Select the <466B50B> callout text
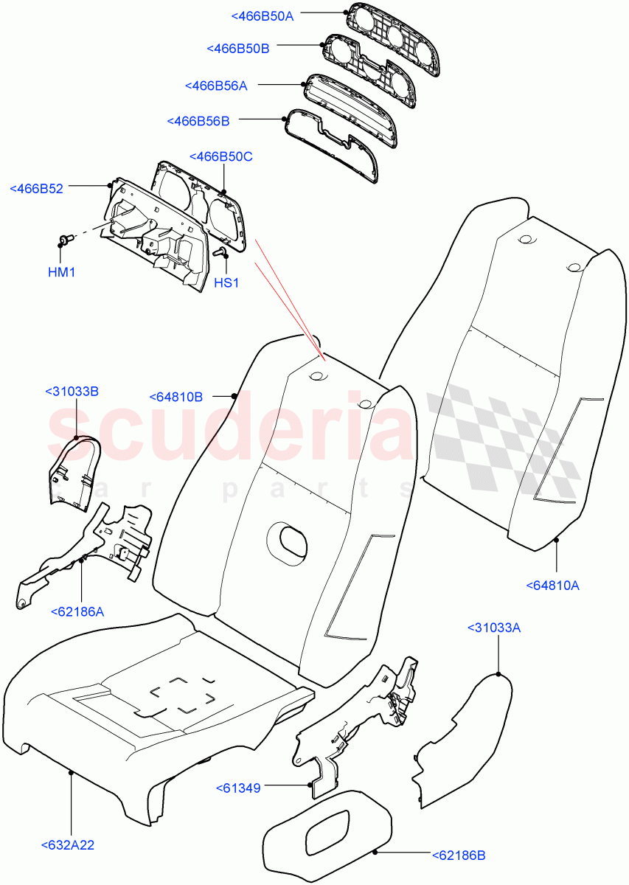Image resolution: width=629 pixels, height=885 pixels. (238, 48)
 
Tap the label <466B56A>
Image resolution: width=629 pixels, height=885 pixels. (216, 86)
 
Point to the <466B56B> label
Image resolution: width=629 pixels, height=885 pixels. (198, 120)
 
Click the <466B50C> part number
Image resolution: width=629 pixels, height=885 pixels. (221, 156)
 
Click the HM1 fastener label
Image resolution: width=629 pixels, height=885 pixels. (62, 272)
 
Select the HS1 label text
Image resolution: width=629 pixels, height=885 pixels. (226, 282)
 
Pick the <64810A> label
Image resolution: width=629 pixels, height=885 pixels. (553, 586)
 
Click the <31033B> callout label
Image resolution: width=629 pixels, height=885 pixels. (72, 391)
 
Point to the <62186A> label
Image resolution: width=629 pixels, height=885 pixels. (77, 611)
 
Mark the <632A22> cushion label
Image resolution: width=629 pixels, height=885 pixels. (72, 845)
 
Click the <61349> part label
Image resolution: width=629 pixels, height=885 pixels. (238, 788)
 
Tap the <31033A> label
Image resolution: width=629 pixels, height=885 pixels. (494, 628)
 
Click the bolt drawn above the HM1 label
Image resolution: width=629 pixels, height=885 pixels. (65, 239)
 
